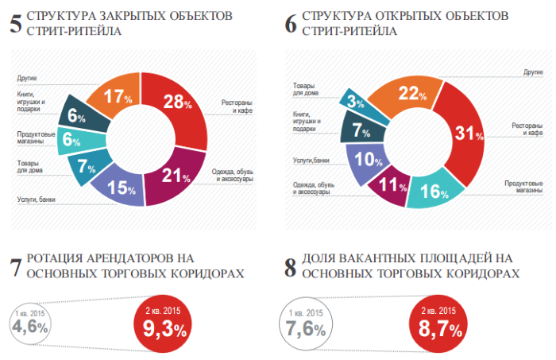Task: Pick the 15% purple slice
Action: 115,188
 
